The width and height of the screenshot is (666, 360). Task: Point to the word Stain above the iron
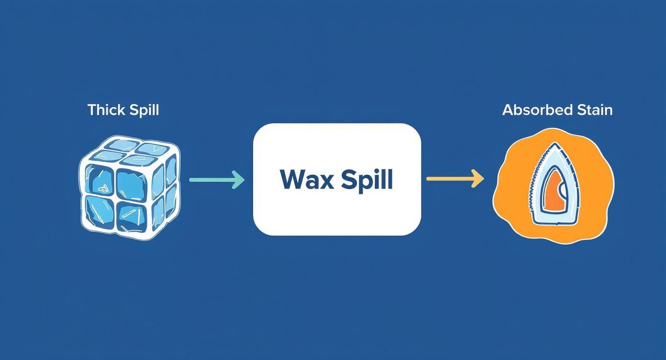tap(595, 110)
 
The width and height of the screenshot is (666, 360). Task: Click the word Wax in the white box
tap(306, 180)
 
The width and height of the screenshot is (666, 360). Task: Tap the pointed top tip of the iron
tap(554, 145)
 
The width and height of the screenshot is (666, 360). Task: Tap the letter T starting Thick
tap(92, 110)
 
